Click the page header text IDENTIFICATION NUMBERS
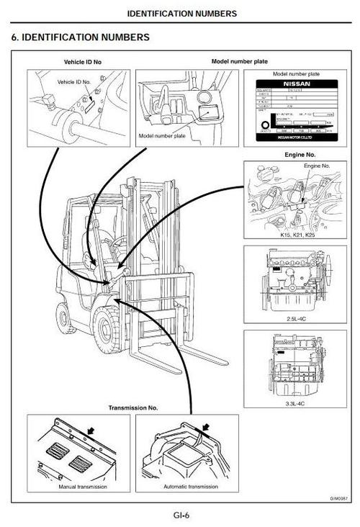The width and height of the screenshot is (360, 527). [x=181, y=13]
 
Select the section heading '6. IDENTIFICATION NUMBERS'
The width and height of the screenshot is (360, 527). [x=81, y=37]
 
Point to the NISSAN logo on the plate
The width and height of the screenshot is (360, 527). [x=296, y=84]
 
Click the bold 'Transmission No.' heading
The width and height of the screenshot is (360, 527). [x=133, y=407]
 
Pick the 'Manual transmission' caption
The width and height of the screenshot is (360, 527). [x=81, y=487]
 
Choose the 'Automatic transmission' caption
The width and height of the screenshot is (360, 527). [x=187, y=487]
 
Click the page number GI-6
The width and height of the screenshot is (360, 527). [x=180, y=515]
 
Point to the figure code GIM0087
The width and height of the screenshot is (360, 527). [x=338, y=497]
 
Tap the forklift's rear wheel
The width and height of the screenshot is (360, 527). [x=65, y=317]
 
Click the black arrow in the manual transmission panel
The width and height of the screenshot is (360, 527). [x=90, y=430]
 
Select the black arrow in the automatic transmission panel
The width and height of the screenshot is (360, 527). [x=204, y=431]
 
